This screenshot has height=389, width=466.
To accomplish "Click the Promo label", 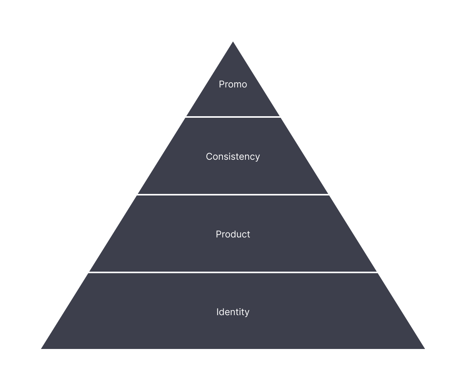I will tap(233, 84).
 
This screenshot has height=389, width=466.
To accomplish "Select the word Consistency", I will tap(233, 157).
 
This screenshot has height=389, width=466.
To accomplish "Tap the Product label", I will tap(233, 234).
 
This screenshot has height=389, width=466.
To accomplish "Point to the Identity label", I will tap(233, 312).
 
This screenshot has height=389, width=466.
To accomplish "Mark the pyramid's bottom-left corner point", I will tap(38, 350).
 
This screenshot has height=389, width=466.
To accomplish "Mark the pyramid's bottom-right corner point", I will tap(428, 350).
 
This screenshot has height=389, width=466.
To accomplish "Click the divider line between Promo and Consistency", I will tap(233, 117).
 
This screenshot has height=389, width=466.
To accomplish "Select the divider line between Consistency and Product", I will tap(233, 194).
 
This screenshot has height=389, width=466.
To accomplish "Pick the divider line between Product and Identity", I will tap(233, 272).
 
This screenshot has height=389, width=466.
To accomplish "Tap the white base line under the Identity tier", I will tap(233, 350).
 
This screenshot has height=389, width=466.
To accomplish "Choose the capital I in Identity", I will tap(217, 312).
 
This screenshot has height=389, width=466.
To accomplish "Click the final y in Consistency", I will tap(257, 158).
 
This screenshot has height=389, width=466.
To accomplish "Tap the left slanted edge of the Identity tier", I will tap(63, 311).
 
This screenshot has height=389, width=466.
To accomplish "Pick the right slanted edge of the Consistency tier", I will tap(306, 155).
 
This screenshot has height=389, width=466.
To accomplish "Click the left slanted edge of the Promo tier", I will tap(209, 78).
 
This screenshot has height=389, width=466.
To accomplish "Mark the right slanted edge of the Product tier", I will tap(354, 233).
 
